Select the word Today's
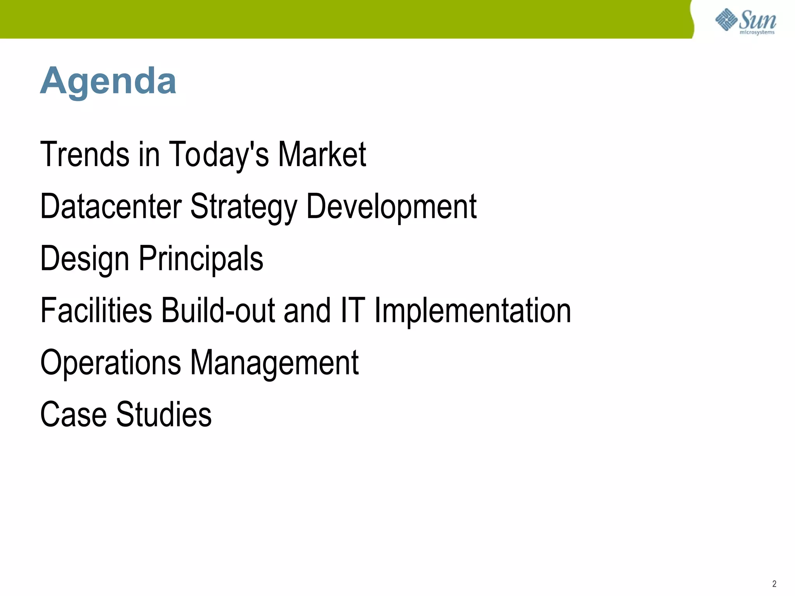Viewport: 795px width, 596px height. (x=219, y=154)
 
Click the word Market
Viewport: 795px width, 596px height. (x=322, y=154)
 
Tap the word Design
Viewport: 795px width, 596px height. (x=85, y=258)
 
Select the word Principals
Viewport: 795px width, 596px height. (x=201, y=258)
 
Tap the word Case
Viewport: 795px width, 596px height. (x=73, y=414)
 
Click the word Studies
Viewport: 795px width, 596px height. (x=164, y=414)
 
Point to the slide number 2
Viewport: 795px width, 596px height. (x=774, y=584)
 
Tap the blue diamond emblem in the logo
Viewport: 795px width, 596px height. (x=726, y=19)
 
